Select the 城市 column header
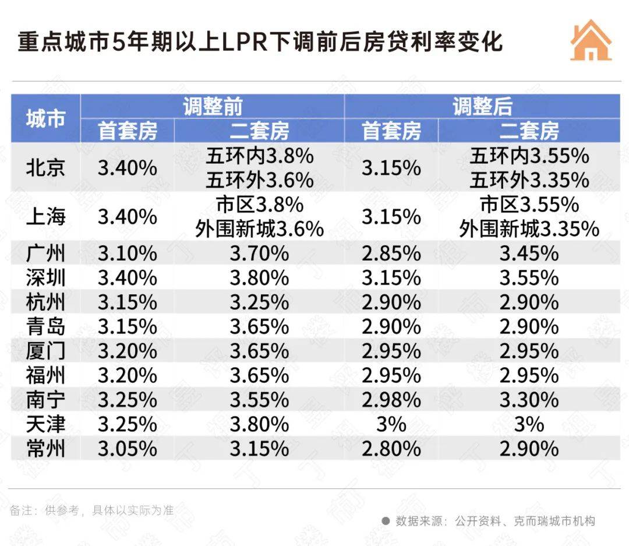tap(45, 119)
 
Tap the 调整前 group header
tap(212, 107)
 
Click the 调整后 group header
tap(482, 107)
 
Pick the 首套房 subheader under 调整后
tap(391, 131)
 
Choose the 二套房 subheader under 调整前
tap(259, 131)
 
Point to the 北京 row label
tap(45, 168)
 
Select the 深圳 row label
tap(45, 278)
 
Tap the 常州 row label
tap(45, 449)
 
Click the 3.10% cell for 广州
tap(127, 253)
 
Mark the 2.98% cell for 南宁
tap(391, 400)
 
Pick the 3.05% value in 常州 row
tap(127, 449)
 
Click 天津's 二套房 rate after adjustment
tap(528, 424)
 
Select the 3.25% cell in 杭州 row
tap(259, 302)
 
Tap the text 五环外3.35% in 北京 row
tap(529, 181)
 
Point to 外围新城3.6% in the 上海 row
tap(259, 229)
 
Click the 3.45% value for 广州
tap(528, 253)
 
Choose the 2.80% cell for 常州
tap(391, 449)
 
